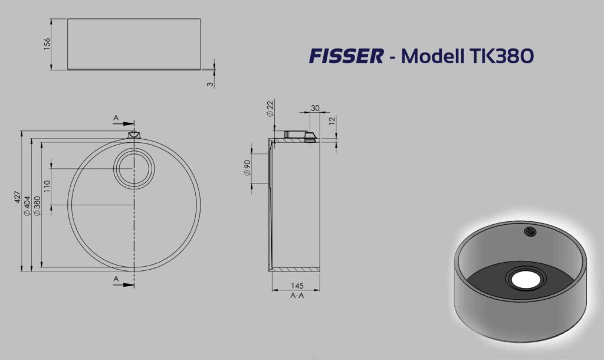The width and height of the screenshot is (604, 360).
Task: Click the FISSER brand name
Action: coord(346,56)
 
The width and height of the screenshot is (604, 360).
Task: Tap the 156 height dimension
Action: coord(47,44)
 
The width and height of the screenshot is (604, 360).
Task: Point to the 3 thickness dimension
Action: coord(210,84)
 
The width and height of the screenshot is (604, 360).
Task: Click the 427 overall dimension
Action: coord(17,197)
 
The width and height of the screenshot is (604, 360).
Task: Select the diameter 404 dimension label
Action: coord(27,205)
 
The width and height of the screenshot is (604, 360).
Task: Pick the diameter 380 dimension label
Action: coord(37,206)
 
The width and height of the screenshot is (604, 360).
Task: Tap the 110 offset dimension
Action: coord(47,186)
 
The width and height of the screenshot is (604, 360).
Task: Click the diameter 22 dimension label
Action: coord(270,109)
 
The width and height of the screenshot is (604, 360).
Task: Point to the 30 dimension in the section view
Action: coord(315,109)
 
